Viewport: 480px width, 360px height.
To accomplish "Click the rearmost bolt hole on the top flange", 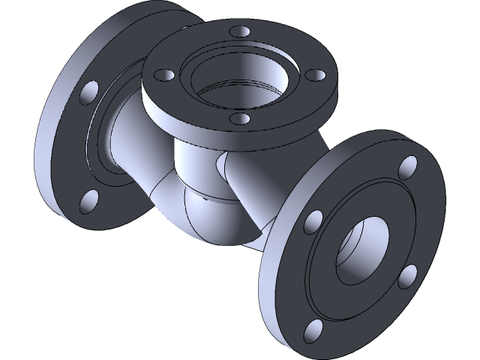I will tap(238, 32).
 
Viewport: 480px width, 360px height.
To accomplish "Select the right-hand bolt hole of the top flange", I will tap(315, 76).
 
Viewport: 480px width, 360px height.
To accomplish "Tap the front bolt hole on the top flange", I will tap(239, 118).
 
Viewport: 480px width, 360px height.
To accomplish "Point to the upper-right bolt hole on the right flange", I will tap(409, 166).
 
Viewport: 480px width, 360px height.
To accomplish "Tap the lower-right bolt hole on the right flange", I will tap(407, 276).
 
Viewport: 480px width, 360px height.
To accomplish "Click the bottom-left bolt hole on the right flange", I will tap(313, 329).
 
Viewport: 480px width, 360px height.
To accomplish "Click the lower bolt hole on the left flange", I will tap(88, 199).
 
